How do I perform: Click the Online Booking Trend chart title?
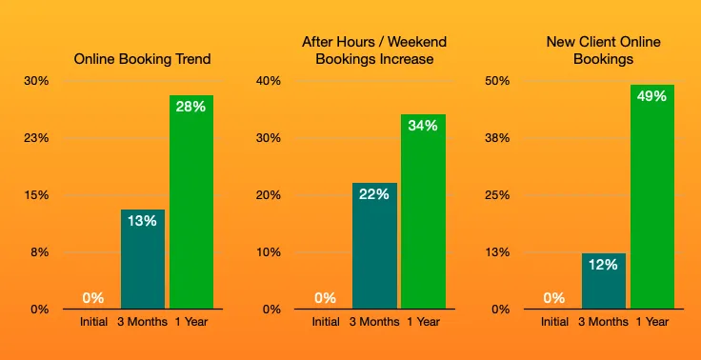143,59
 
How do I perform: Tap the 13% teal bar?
143,259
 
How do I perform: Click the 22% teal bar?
374,246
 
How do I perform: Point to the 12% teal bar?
604,281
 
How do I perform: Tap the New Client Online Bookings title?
604,50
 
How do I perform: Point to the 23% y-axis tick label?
37,138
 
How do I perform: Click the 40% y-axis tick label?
269,81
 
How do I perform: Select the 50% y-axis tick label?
500,81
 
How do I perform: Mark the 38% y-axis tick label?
500,138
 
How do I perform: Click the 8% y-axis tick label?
40,252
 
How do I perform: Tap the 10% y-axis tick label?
269,252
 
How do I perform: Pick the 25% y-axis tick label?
500,195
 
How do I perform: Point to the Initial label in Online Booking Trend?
93,322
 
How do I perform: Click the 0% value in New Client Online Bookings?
554,298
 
